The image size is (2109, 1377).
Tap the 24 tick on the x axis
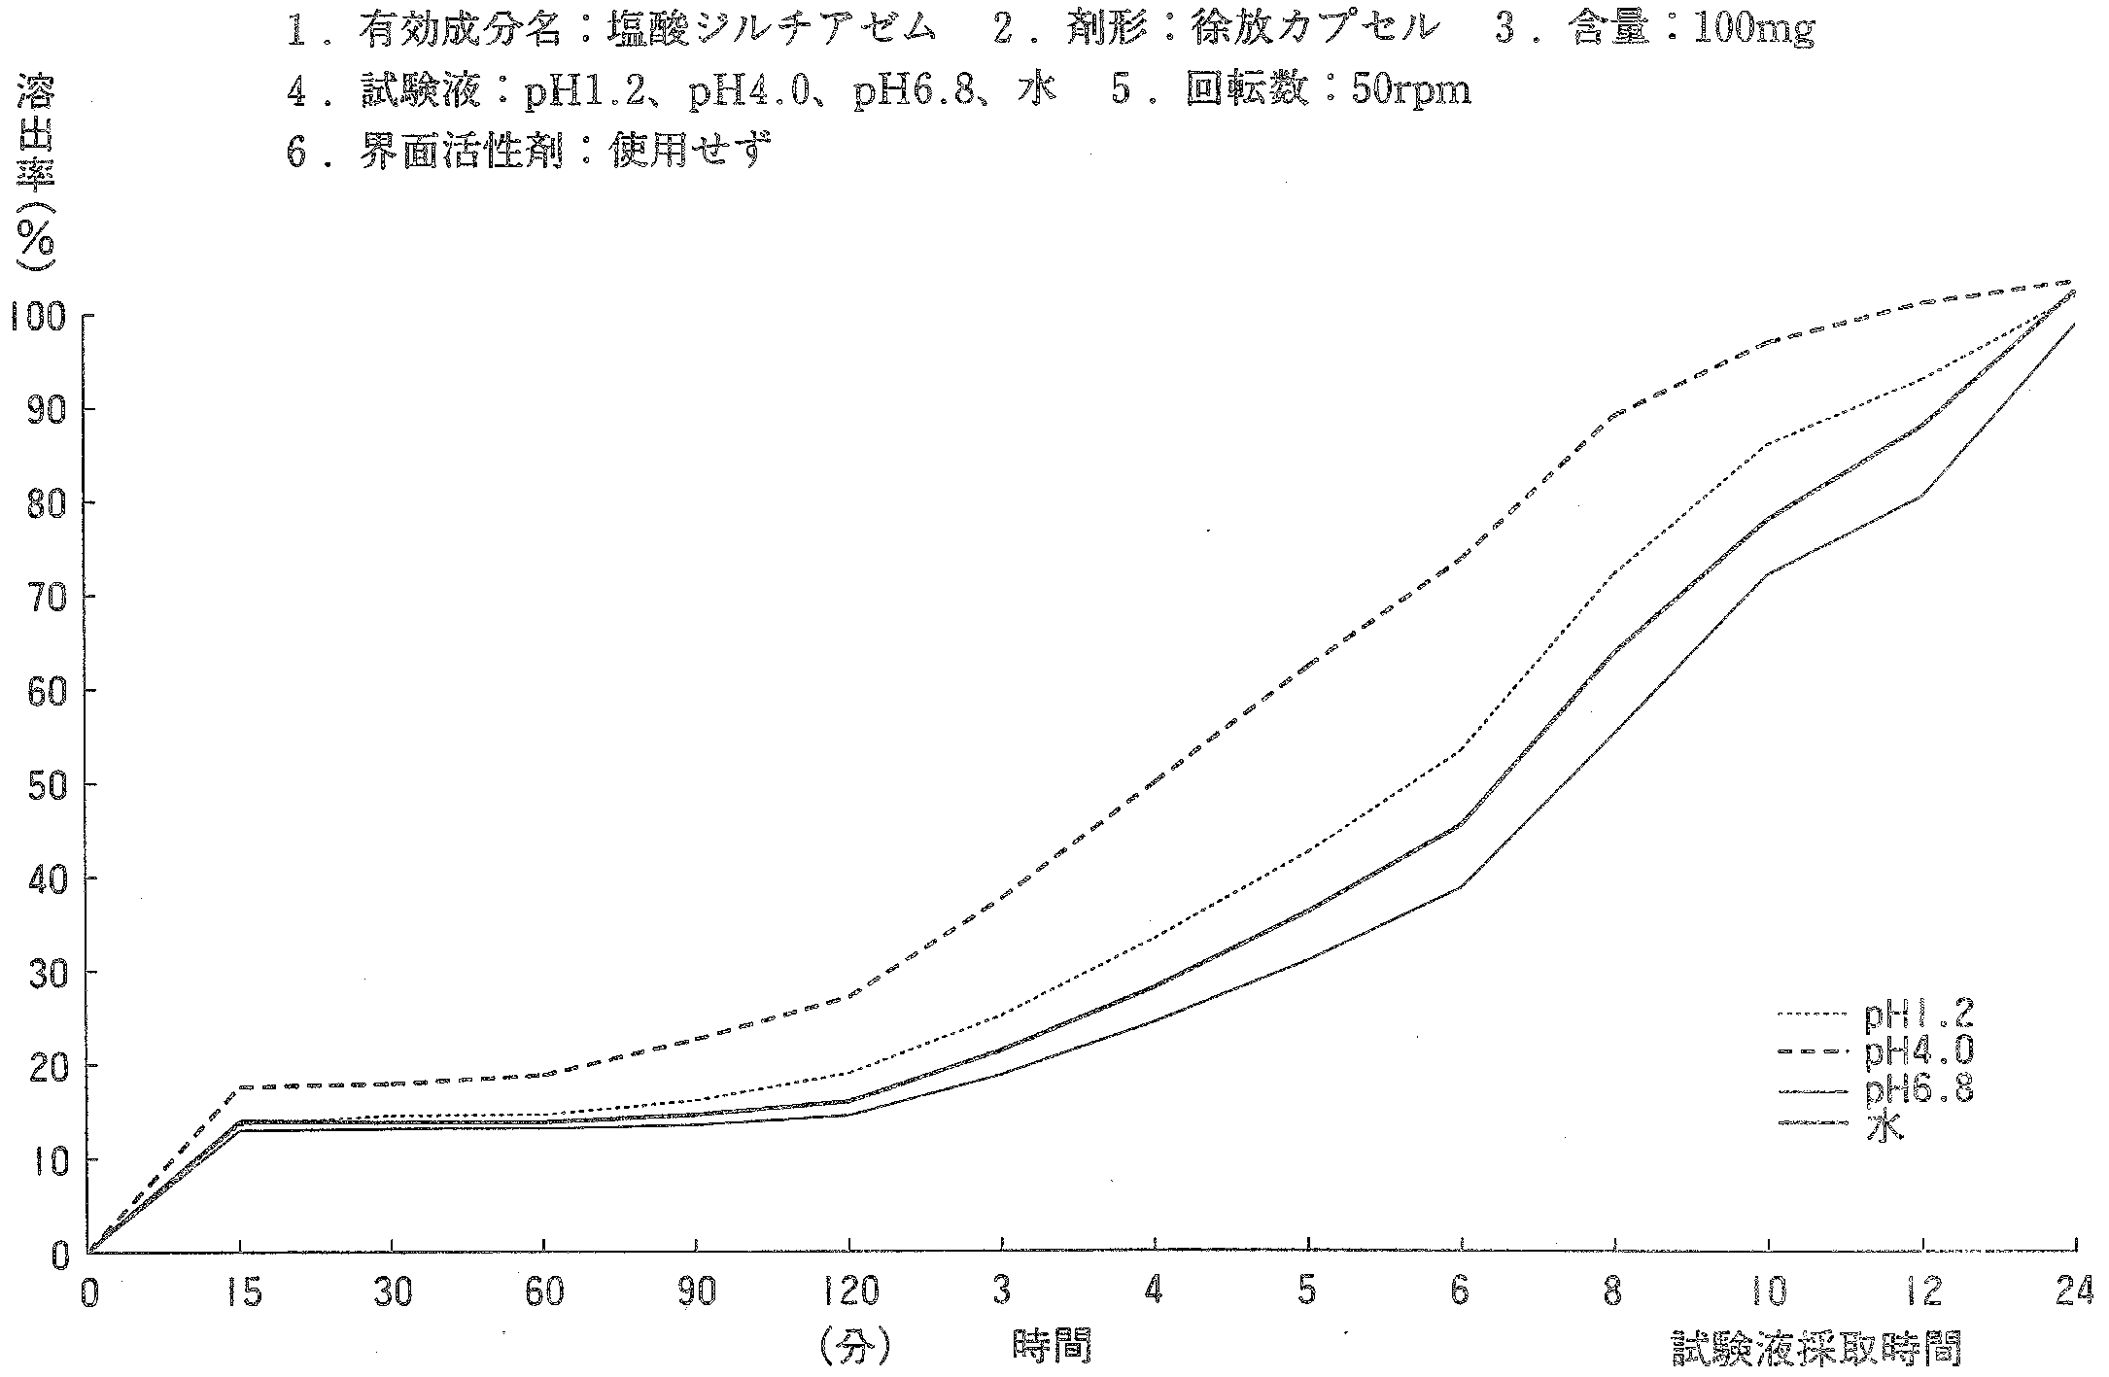coord(2075,1293)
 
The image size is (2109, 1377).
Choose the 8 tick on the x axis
coord(1614,1293)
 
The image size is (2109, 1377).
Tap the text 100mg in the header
coord(1753,31)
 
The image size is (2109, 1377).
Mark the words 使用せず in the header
coord(691,151)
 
